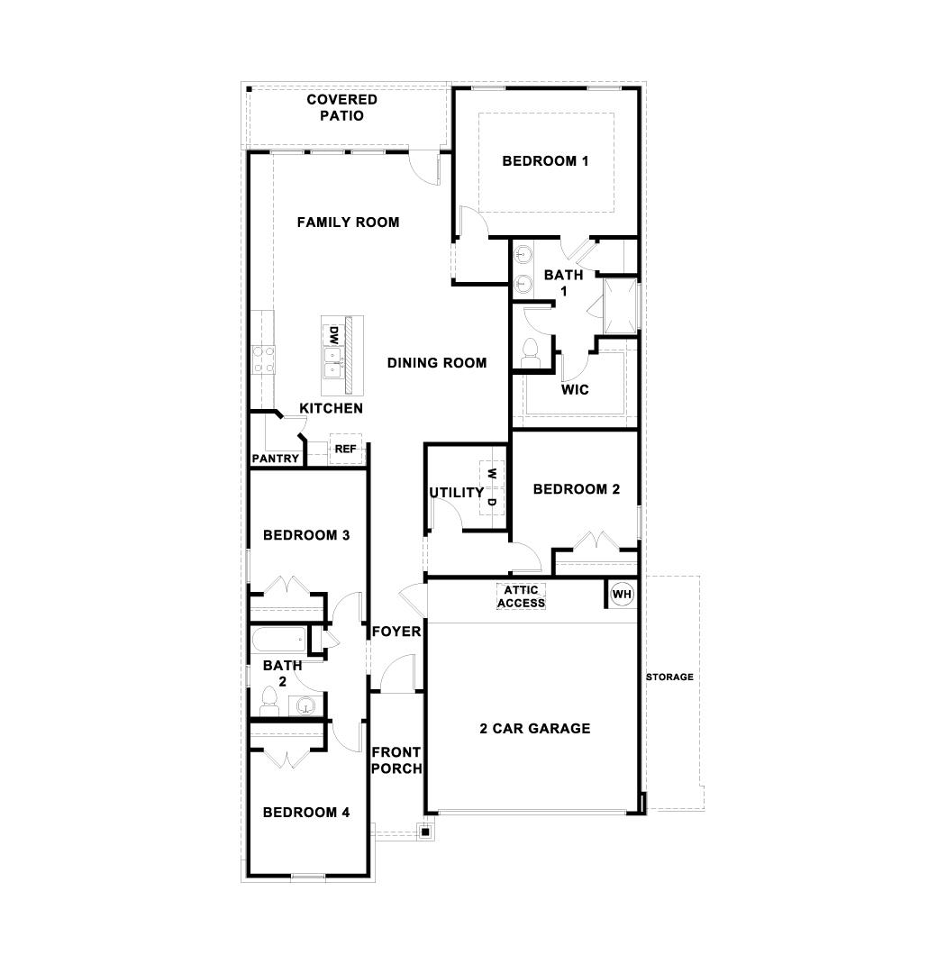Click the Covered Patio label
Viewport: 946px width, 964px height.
point(341,107)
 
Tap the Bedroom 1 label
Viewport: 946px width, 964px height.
point(545,161)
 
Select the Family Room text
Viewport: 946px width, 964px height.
point(348,222)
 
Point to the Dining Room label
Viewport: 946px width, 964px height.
point(437,363)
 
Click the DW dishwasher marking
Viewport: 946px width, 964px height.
point(332,336)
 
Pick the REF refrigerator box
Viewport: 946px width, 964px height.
point(346,449)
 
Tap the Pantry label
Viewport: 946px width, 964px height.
point(276,459)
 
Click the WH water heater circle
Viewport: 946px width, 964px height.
point(623,595)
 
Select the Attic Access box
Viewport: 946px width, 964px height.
point(521,596)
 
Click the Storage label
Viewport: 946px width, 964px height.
point(669,677)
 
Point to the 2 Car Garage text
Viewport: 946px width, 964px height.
point(535,728)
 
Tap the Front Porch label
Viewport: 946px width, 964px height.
point(396,760)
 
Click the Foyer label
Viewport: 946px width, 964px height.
point(396,632)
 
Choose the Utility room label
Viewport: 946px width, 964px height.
point(456,493)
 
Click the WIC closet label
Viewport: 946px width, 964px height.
point(575,390)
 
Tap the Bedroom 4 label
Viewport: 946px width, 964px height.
point(306,812)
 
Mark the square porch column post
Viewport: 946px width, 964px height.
point(424,832)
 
